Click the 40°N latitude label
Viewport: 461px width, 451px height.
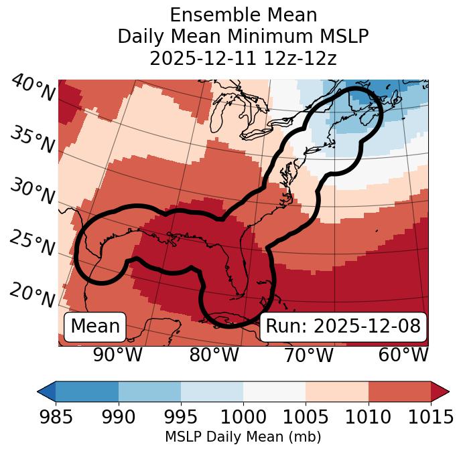click(x=32, y=88)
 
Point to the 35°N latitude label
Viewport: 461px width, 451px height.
click(x=32, y=139)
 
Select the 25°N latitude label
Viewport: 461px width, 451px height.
click(x=32, y=243)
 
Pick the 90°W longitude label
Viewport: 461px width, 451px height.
click(x=117, y=355)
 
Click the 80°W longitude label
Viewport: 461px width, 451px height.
click(x=214, y=355)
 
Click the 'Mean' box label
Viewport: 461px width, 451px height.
click(x=95, y=327)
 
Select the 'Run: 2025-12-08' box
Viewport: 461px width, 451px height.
click(x=343, y=327)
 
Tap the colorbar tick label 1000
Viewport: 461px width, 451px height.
click(x=243, y=418)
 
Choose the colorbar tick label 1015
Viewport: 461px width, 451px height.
click(x=430, y=418)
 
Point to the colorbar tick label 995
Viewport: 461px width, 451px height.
click(x=181, y=418)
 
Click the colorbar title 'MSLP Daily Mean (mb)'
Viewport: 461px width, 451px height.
click(x=243, y=438)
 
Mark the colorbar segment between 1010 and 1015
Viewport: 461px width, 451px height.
click(x=399, y=391)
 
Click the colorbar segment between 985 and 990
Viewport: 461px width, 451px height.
click(x=87, y=391)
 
